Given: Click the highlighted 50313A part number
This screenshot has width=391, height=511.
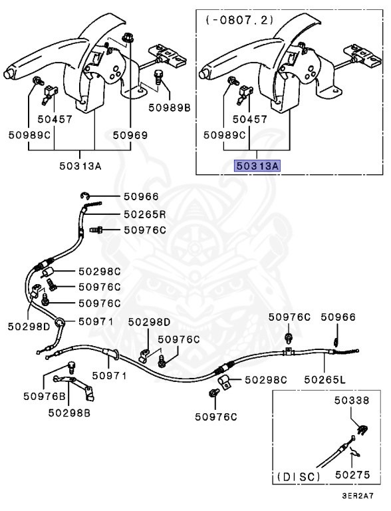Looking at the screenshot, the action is pyautogui.click(x=257, y=166).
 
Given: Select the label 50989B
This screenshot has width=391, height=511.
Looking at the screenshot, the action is pyautogui.click(x=170, y=108).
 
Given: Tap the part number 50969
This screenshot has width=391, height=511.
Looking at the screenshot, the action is pyautogui.click(x=130, y=135).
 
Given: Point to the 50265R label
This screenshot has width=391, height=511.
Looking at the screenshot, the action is pyautogui.click(x=145, y=214).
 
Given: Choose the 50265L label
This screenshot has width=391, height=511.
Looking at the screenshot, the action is pyautogui.click(x=325, y=379).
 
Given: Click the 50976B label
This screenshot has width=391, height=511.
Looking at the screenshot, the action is pyautogui.click(x=45, y=396).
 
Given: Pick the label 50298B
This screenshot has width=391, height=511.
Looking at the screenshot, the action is pyautogui.click(x=69, y=413).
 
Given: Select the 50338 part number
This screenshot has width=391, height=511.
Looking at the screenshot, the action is pyautogui.click(x=352, y=400).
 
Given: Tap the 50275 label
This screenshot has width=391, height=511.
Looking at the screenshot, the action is pyautogui.click(x=352, y=475).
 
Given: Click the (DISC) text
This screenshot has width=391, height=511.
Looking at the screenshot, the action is pyautogui.click(x=299, y=477).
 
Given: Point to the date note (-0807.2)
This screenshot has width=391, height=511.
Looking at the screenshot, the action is pyautogui.click(x=239, y=20).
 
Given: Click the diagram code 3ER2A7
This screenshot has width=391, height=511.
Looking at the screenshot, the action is pyautogui.click(x=357, y=496).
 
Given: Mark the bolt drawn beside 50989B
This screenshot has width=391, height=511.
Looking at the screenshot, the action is pyautogui.click(x=158, y=78).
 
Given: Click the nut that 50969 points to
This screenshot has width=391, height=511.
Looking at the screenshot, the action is pyautogui.click(x=128, y=38).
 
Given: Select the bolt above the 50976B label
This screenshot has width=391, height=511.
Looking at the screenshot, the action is pyautogui.click(x=71, y=367).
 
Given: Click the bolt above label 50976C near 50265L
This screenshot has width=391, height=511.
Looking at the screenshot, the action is pyautogui.click(x=289, y=338).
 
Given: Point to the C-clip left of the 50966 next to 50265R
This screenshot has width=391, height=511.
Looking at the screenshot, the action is pyautogui.click(x=84, y=196).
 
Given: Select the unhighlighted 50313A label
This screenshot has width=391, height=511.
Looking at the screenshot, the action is pyautogui.click(x=80, y=166).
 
